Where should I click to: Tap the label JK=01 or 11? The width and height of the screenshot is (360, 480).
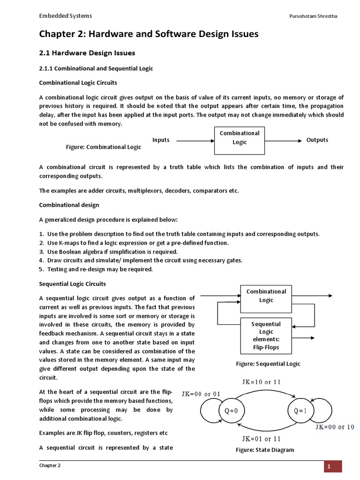pos(262,439)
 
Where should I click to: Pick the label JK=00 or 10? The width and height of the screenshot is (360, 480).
pos(335,427)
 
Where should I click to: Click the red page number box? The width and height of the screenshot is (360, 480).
pos(333,466)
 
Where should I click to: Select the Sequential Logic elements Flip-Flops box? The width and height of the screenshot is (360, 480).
pos(266,336)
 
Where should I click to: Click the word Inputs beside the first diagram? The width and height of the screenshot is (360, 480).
pos(161,140)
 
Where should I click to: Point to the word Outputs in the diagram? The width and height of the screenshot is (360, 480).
pos(317,140)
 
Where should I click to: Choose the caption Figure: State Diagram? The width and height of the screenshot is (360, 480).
pos(265,450)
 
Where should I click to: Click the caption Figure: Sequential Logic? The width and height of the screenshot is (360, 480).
pos(268,364)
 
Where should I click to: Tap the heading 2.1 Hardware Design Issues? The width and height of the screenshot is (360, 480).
pos(87,53)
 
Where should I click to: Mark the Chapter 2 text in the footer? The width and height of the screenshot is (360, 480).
pos(49,465)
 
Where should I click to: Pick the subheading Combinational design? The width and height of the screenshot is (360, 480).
pos(69,205)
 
